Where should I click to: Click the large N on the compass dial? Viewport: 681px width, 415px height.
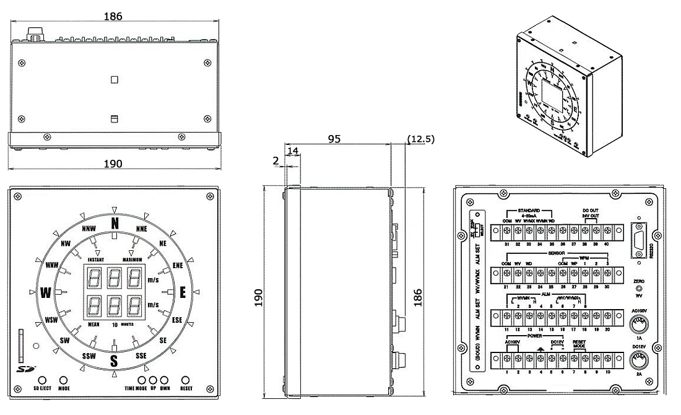(114, 224)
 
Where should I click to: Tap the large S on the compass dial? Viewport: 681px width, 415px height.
(114, 360)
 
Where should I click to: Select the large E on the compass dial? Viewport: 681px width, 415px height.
(183, 292)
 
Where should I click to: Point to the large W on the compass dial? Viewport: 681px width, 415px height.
(45, 292)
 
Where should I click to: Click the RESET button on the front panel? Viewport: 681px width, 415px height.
(186, 380)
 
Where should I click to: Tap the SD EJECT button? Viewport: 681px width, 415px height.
(41, 380)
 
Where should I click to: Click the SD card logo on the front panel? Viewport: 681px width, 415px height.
(23, 370)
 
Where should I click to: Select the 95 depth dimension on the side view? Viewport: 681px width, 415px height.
(334, 139)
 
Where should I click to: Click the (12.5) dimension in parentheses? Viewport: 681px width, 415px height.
(421, 139)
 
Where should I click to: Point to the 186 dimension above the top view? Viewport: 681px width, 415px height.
(113, 16)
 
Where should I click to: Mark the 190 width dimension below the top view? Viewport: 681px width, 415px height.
(113, 164)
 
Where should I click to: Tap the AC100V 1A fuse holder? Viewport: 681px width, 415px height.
(639, 324)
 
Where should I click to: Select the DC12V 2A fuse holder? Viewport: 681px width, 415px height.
(639, 361)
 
